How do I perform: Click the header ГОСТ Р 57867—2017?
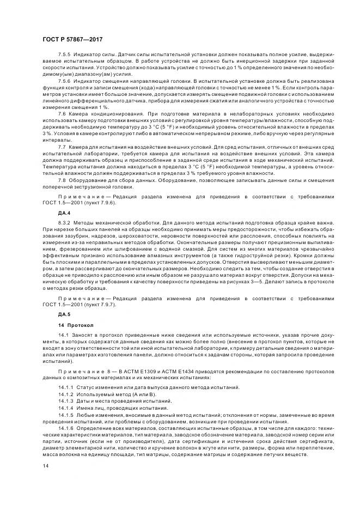click(x=72, y=40)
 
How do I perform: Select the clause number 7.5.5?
click(x=65, y=55)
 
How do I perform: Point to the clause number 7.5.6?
click(x=65, y=81)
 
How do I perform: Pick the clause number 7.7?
click(x=62, y=148)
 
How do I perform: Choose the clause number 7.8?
click(x=62, y=179)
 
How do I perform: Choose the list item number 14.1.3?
click(x=67, y=400)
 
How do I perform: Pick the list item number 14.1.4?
click(x=67, y=408)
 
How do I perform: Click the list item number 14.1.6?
click(x=67, y=428)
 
